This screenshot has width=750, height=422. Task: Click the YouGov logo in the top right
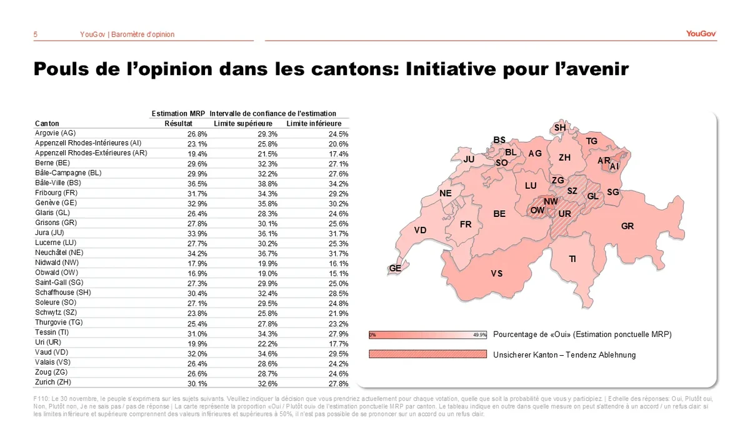[x=701, y=34]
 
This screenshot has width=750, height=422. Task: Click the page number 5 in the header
[x=36, y=34]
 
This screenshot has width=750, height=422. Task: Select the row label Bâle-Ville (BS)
[x=56, y=183]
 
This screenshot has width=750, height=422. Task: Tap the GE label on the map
[x=395, y=268]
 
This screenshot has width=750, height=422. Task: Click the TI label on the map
[x=572, y=259]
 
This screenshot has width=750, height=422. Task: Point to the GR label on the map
[x=627, y=226]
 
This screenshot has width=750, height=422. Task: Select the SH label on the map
[x=560, y=128]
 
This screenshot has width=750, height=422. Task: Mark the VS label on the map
[x=497, y=273]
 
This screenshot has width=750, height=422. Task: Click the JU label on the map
[x=469, y=159]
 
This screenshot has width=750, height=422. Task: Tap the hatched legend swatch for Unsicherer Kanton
[x=427, y=354]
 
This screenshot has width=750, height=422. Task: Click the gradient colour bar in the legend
[x=427, y=334]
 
